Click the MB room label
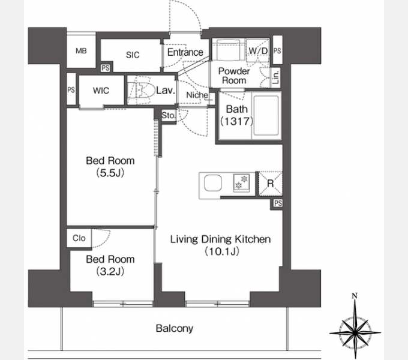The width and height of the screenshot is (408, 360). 81,51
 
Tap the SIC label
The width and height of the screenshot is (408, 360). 133,55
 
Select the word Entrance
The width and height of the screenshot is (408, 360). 185,52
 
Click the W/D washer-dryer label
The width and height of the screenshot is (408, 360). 258,51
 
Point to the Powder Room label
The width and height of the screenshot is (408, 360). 234,76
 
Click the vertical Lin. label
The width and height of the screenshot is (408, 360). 276,77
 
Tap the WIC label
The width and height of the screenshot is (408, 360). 101,91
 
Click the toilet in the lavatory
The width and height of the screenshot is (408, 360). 140,91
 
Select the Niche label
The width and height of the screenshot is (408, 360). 197,95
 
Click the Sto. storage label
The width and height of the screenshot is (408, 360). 169,115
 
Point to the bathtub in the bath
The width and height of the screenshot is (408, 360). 266,115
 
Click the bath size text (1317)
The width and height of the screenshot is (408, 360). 236,121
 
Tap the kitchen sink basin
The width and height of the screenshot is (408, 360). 213,183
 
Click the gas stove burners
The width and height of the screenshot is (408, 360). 241,182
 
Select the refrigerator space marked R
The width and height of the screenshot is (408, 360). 270,184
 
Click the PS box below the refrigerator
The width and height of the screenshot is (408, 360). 278,203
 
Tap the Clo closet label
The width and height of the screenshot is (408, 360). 79,238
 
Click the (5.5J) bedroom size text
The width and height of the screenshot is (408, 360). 110,173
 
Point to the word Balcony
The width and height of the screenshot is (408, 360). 175,329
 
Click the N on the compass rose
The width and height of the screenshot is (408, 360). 355,296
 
